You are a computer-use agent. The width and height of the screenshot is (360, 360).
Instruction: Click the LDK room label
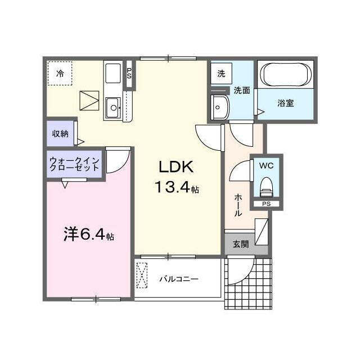(176, 167)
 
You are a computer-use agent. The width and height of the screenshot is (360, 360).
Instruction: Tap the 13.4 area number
(173, 187)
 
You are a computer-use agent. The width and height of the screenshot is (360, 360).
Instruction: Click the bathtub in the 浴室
(285, 74)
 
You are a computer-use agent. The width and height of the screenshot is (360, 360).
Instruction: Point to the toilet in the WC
(266, 187)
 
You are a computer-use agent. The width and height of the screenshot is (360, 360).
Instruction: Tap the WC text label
(266, 165)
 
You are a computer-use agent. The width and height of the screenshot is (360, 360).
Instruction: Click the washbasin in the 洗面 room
(220, 107)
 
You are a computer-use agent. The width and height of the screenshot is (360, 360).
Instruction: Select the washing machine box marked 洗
(221, 74)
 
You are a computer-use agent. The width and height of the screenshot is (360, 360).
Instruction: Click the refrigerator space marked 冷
(60, 74)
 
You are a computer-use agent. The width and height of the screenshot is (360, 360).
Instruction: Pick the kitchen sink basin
(113, 107)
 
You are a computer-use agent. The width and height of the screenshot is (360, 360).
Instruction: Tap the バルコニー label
(179, 280)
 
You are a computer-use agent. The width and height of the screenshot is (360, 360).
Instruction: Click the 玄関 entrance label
(241, 244)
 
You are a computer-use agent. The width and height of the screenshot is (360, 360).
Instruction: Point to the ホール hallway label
(238, 205)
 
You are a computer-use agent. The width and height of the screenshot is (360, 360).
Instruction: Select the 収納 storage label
(60, 134)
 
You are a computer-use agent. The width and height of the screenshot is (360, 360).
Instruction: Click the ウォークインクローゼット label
(74, 164)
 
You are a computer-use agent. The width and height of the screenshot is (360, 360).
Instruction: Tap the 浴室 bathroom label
(286, 103)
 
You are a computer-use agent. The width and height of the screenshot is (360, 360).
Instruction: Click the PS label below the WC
(267, 204)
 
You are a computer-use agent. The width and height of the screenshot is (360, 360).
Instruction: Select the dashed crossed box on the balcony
(142, 275)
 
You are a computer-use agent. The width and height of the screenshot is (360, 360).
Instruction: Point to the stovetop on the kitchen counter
(113, 73)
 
